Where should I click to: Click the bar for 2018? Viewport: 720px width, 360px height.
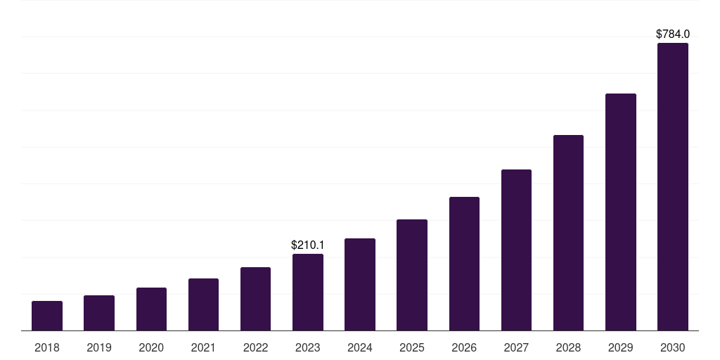[x=47, y=316]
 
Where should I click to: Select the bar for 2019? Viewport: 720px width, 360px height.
[x=99, y=313]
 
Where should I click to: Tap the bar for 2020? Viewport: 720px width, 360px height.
[x=151, y=309]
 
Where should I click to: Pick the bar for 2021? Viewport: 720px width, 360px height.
[x=203, y=304]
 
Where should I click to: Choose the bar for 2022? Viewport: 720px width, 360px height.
[x=255, y=299]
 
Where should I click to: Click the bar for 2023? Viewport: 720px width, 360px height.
[x=308, y=292]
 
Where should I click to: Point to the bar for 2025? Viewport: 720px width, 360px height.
[x=412, y=275]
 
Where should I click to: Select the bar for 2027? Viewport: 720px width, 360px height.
[x=516, y=250]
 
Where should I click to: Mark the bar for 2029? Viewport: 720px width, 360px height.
[x=620, y=212]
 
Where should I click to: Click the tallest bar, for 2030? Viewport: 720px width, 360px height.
[x=672, y=187]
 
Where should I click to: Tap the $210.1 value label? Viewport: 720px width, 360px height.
[x=308, y=245]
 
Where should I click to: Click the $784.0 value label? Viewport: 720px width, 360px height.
[x=672, y=34]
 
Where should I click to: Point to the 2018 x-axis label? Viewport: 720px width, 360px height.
[x=47, y=347]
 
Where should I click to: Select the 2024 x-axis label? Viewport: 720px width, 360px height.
[x=360, y=347]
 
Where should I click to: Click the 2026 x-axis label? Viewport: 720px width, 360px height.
[x=464, y=347]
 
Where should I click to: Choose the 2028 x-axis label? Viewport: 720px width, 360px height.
[x=568, y=347]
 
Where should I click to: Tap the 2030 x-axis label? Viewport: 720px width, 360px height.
[x=672, y=347]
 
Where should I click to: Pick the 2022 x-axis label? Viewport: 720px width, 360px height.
[x=255, y=347]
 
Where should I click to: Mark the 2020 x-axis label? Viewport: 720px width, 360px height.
[x=151, y=347]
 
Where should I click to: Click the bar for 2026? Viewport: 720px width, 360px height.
[x=464, y=264]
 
